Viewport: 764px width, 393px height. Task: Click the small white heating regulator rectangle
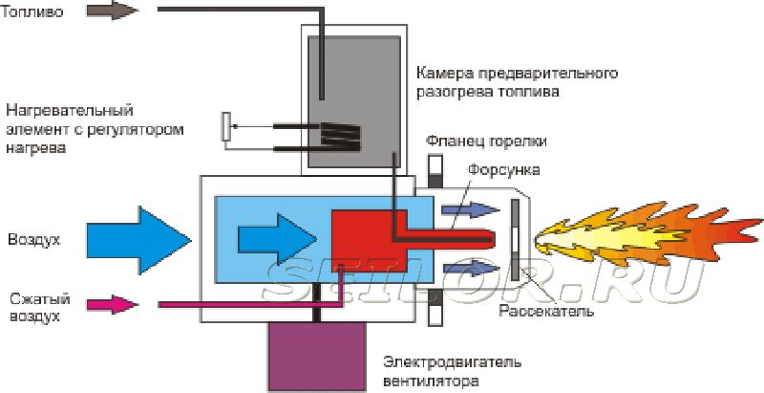pyautogui.click(x=226, y=126)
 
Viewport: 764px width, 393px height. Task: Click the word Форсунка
pyautogui.click(x=505, y=169)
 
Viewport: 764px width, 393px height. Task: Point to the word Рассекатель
pyautogui.click(x=547, y=312)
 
